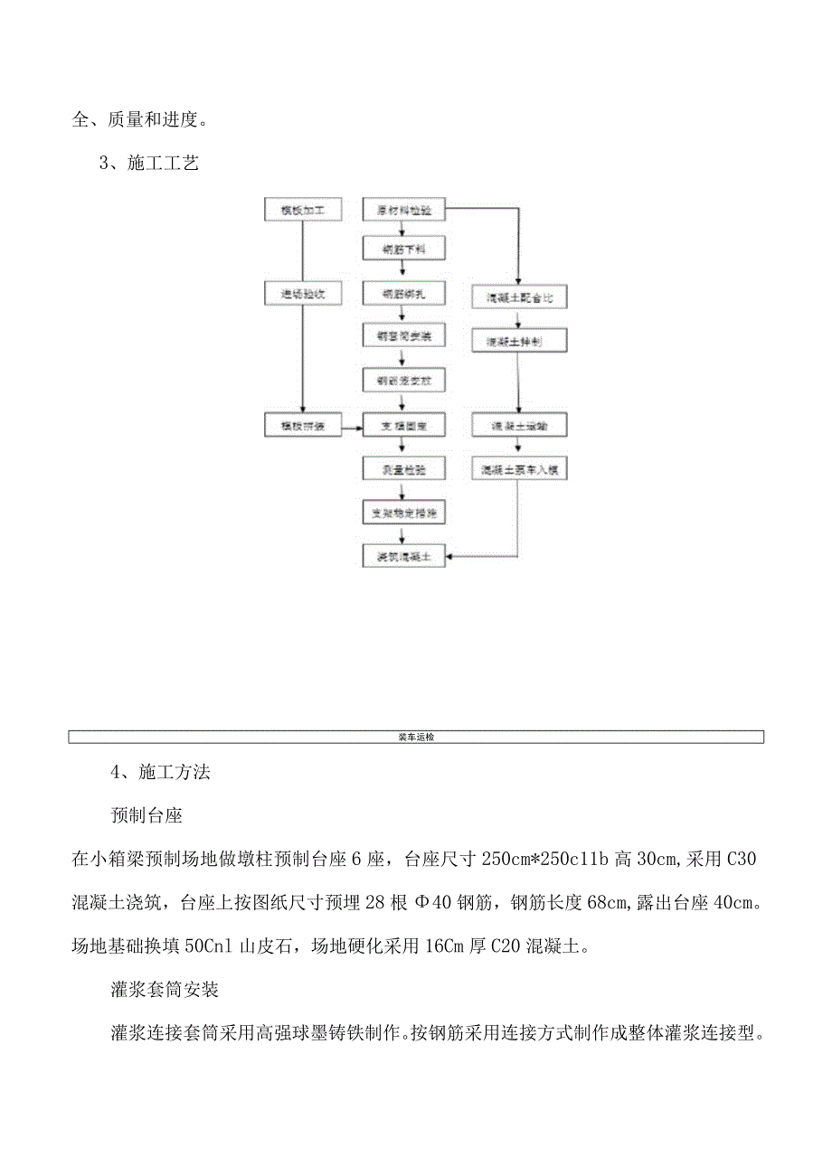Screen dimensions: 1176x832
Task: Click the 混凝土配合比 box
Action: tap(520, 296)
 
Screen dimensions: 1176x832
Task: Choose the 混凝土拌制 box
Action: tap(520, 341)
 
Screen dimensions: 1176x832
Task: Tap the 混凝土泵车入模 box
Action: tap(520, 469)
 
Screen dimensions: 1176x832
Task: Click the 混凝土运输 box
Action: tap(520, 424)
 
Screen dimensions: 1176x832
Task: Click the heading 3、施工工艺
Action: tap(148, 164)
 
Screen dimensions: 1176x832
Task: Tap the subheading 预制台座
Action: tap(147, 815)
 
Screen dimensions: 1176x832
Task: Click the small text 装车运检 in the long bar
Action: tap(416, 737)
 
